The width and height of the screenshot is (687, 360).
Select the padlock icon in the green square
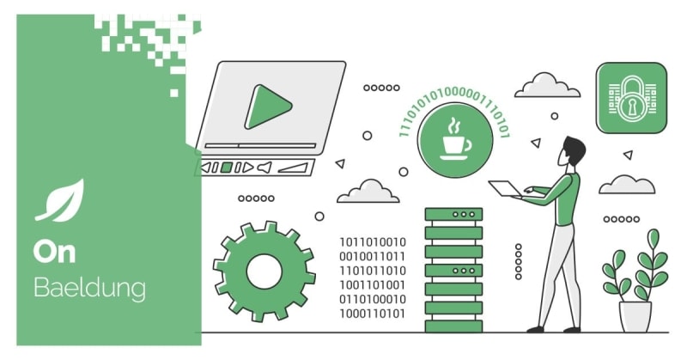(x=631, y=99)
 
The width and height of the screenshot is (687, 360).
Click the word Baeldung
(x=89, y=288)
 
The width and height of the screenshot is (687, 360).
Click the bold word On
(x=56, y=252)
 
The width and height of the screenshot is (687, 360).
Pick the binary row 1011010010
(x=372, y=241)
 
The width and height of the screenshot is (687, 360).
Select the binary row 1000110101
(x=372, y=314)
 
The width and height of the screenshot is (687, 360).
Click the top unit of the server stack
(x=453, y=213)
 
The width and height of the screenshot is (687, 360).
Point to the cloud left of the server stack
(x=368, y=192)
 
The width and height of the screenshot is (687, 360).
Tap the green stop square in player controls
(x=226, y=167)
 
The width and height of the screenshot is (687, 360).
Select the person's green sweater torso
(x=566, y=200)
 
